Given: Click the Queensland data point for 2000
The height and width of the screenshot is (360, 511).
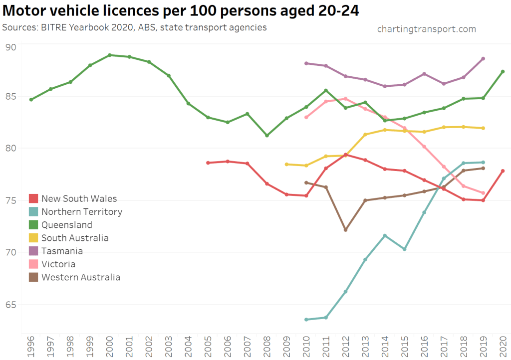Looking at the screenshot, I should click(x=110, y=55).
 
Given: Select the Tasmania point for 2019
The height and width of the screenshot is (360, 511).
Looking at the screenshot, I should click(x=483, y=59).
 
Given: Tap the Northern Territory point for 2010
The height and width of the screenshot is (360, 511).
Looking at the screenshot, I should click(x=306, y=320).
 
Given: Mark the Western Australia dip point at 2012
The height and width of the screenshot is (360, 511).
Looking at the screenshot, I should click(x=345, y=230).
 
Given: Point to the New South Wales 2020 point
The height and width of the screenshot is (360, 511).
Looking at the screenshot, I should click(x=503, y=171).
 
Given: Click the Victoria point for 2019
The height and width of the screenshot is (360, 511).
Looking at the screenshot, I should click(x=483, y=193).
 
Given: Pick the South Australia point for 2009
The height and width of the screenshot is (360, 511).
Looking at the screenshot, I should click(x=286, y=164).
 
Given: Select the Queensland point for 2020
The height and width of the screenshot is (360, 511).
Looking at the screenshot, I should click(x=503, y=72).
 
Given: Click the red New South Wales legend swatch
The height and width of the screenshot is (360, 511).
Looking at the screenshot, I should click(x=34, y=199).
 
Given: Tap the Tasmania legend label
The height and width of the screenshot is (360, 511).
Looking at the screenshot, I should click(x=62, y=251).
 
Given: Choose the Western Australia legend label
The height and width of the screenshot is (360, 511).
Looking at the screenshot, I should click(x=81, y=277).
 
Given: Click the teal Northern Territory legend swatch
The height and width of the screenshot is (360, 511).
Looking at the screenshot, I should click(x=34, y=212).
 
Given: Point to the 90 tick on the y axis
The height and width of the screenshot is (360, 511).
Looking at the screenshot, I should click(x=10, y=47).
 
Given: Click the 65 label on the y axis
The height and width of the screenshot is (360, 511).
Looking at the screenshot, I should click(x=10, y=304).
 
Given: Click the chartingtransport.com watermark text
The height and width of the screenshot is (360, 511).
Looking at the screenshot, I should click(x=426, y=29).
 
